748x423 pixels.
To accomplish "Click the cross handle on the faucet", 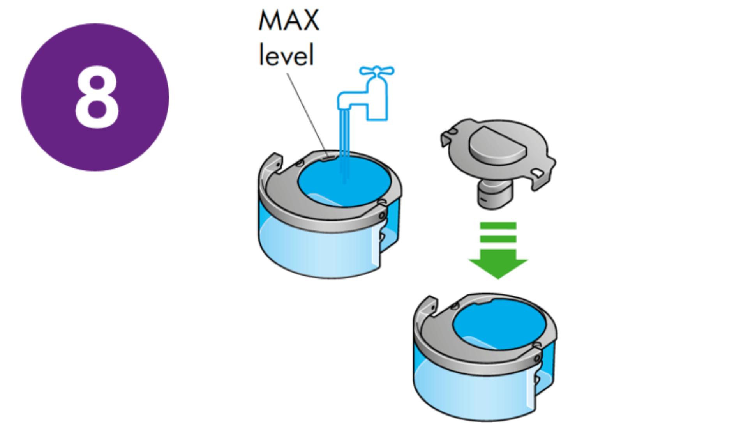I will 376,71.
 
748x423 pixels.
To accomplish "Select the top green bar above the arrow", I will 498,226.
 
